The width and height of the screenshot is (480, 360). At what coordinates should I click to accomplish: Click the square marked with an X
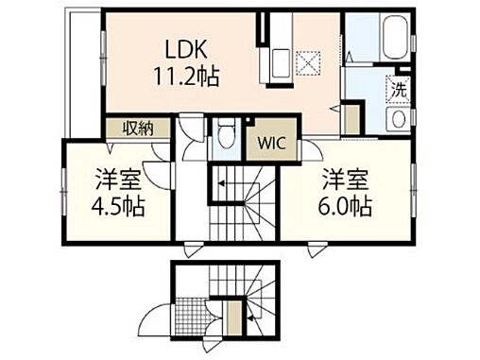305,64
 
